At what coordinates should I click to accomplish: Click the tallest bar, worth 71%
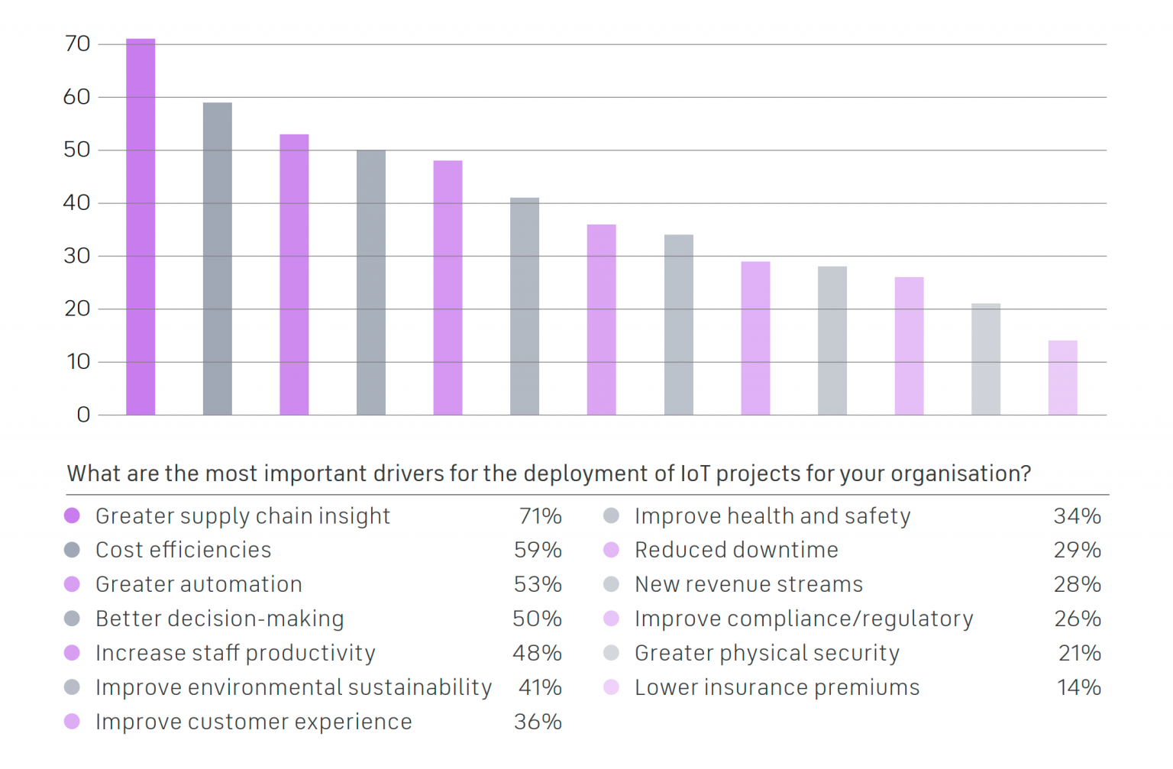[141, 227]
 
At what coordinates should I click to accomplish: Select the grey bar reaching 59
[218, 259]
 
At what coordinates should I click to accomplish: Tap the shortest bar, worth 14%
[1062, 378]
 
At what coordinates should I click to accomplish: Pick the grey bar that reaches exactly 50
[371, 283]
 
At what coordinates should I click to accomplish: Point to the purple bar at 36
[601, 320]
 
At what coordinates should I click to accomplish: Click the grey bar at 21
[986, 360]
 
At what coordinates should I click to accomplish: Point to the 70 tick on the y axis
[78, 44]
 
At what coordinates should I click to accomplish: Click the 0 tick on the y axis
[83, 415]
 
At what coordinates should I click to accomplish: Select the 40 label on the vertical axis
[77, 203]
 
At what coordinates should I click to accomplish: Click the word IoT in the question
[695, 473]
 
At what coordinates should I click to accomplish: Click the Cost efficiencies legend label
[183, 550]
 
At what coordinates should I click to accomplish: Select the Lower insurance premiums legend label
[777, 687]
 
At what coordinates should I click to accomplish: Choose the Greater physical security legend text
[767, 653]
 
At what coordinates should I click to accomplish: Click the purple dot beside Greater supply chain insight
[73, 515]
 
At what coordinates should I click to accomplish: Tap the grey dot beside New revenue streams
[611, 584]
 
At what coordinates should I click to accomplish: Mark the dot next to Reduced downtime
[611, 550]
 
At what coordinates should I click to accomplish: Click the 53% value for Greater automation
[538, 584]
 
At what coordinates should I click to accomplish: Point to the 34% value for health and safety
[1077, 516]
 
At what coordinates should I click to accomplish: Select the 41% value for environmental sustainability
[540, 687]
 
